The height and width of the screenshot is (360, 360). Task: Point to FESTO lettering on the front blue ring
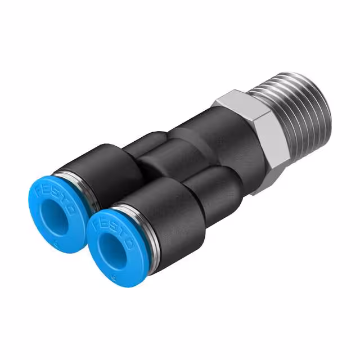coord(120,228)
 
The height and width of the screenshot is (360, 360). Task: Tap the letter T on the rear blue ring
coord(66,201)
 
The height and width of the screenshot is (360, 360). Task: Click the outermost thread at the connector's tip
coord(323,104)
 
